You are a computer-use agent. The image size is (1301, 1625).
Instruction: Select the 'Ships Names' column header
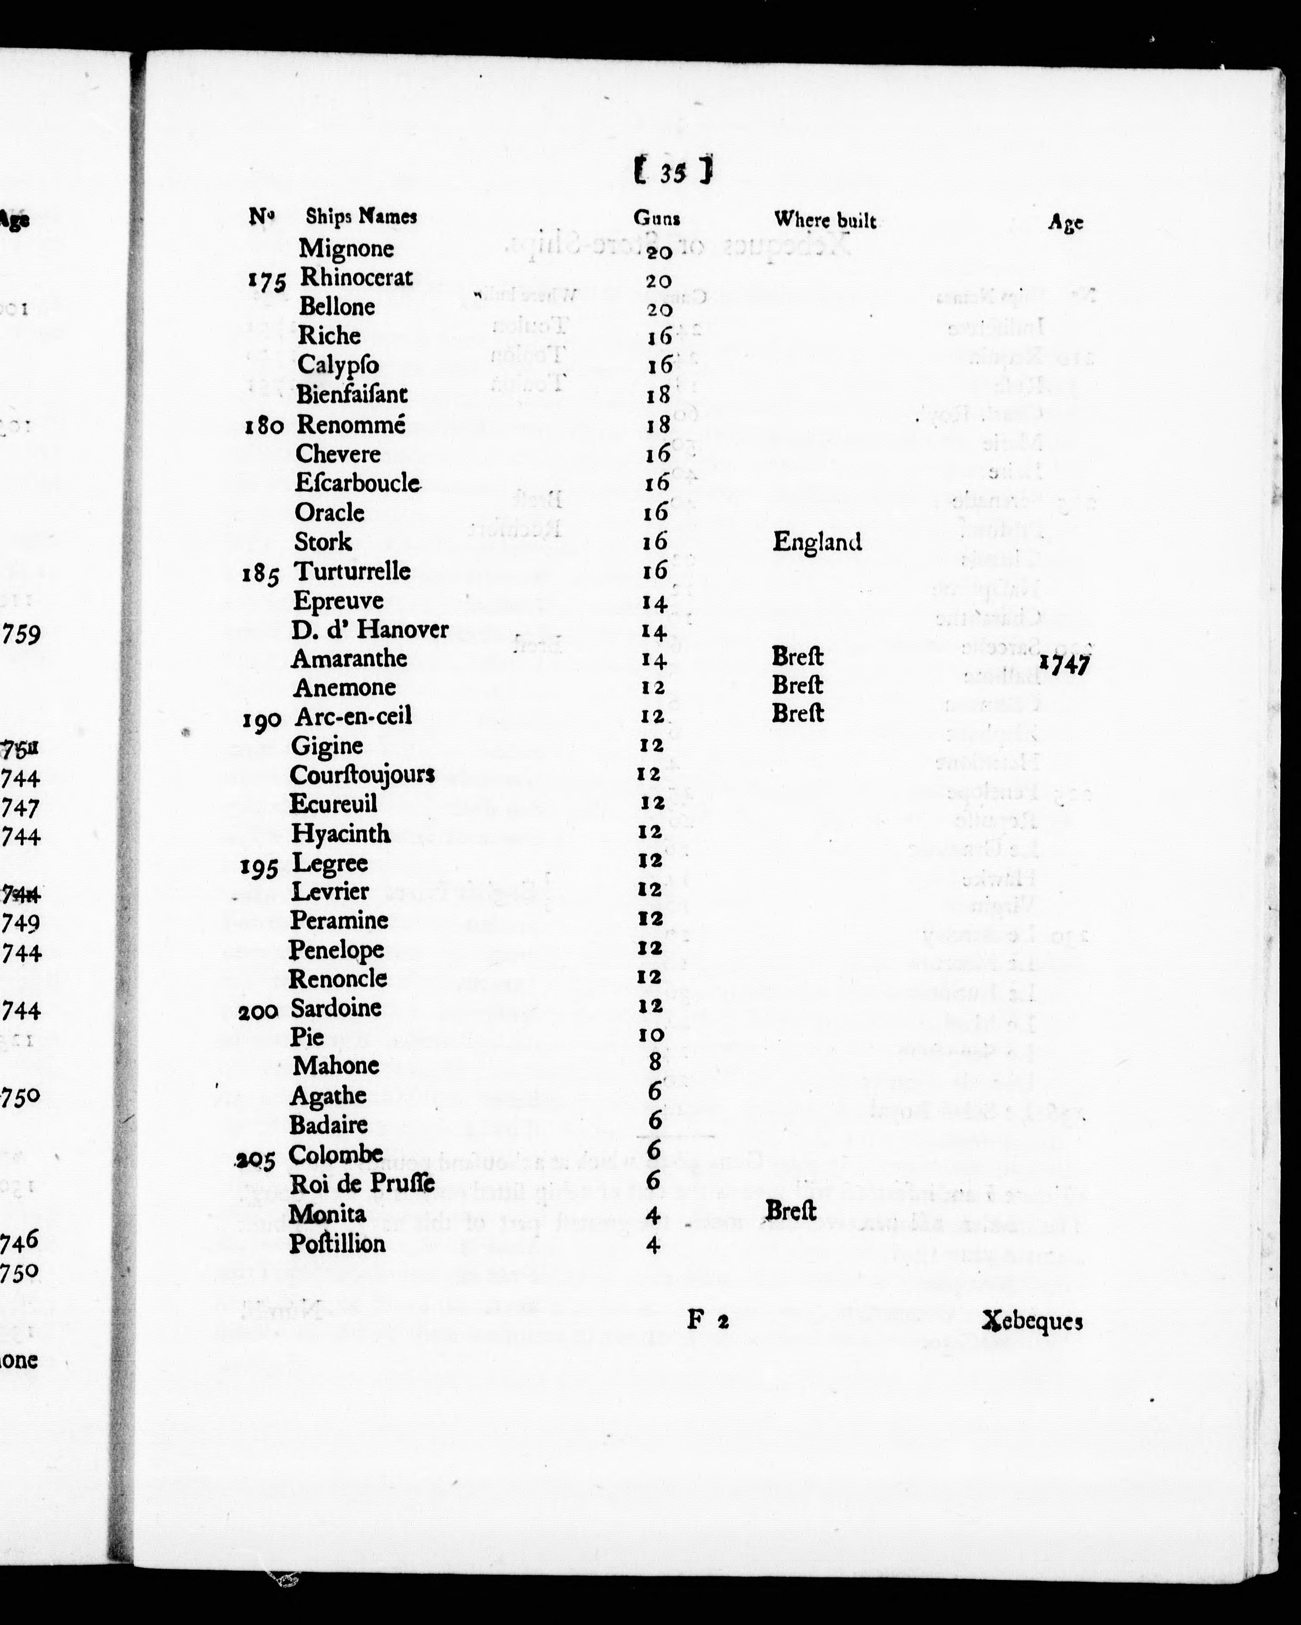point(361,216)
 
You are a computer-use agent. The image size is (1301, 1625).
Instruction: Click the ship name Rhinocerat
point(357,277)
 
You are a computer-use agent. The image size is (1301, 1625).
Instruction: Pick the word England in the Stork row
point(817,541)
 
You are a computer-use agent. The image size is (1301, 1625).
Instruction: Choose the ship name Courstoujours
point(362,774)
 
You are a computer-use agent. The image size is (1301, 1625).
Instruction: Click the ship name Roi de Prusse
point(362,1183)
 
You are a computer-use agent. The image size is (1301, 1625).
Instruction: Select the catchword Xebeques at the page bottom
point(1032,1321)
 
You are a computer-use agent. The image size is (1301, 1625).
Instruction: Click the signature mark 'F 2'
point(707,1320)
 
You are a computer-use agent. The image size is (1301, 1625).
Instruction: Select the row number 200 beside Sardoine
point(258,1012)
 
